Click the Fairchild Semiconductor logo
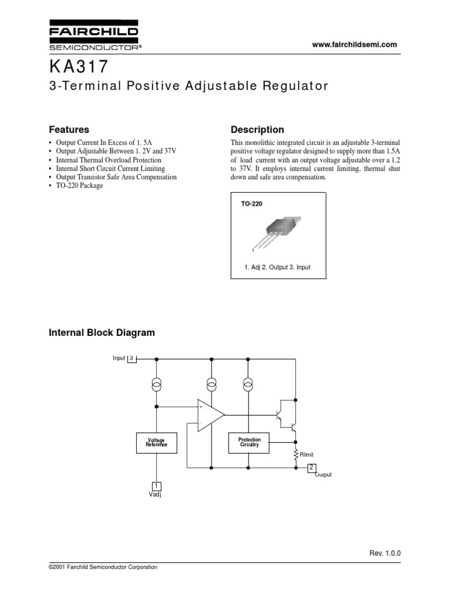(93, 36)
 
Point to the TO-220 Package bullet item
(79, 186)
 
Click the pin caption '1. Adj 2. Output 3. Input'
(277, 267)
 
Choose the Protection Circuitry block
(249, 442)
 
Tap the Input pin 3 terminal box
(132, 358)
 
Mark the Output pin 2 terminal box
(312, 468)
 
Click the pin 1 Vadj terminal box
(156, 486)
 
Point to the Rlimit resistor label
(306, 455)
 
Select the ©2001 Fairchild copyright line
(102, 567)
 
